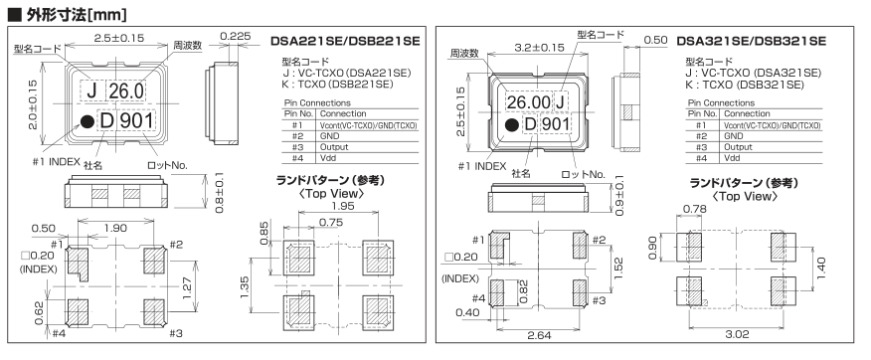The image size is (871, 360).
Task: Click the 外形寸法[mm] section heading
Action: point(68,13)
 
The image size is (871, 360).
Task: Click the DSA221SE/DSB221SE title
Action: point(345,41)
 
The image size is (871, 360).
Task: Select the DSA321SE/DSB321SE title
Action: point(751,41)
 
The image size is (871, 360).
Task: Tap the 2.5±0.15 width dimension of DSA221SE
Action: point(119,38)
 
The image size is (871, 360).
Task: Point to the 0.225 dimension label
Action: point(236,37)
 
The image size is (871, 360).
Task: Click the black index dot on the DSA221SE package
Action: point(87,121)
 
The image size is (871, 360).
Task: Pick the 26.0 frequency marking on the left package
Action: point(125,90)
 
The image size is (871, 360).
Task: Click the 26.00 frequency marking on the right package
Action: point(528,102)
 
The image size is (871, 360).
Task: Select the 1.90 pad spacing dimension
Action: point(115,227)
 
